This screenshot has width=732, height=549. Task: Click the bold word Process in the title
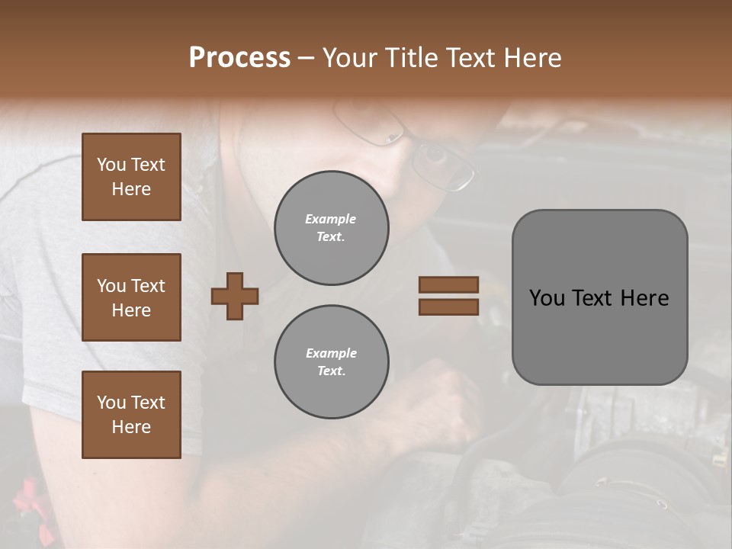click(239, 58)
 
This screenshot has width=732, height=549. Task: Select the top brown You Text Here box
click(131, 177)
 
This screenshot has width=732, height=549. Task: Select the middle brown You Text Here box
click(131, 297)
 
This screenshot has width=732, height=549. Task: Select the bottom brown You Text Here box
click(131, 415)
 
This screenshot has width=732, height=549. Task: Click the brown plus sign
click(235, 296)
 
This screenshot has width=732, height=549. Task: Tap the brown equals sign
click(448, 296)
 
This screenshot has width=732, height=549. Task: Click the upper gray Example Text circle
click(332, 228)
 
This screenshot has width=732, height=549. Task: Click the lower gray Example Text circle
click(332, 362)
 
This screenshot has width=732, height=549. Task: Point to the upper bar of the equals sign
click(448, 285)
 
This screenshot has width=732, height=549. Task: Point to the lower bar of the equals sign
click(448, 307)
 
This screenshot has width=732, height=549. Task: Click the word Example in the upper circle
click(331, 220)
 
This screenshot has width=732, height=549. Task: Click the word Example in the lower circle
click(331, 354)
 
